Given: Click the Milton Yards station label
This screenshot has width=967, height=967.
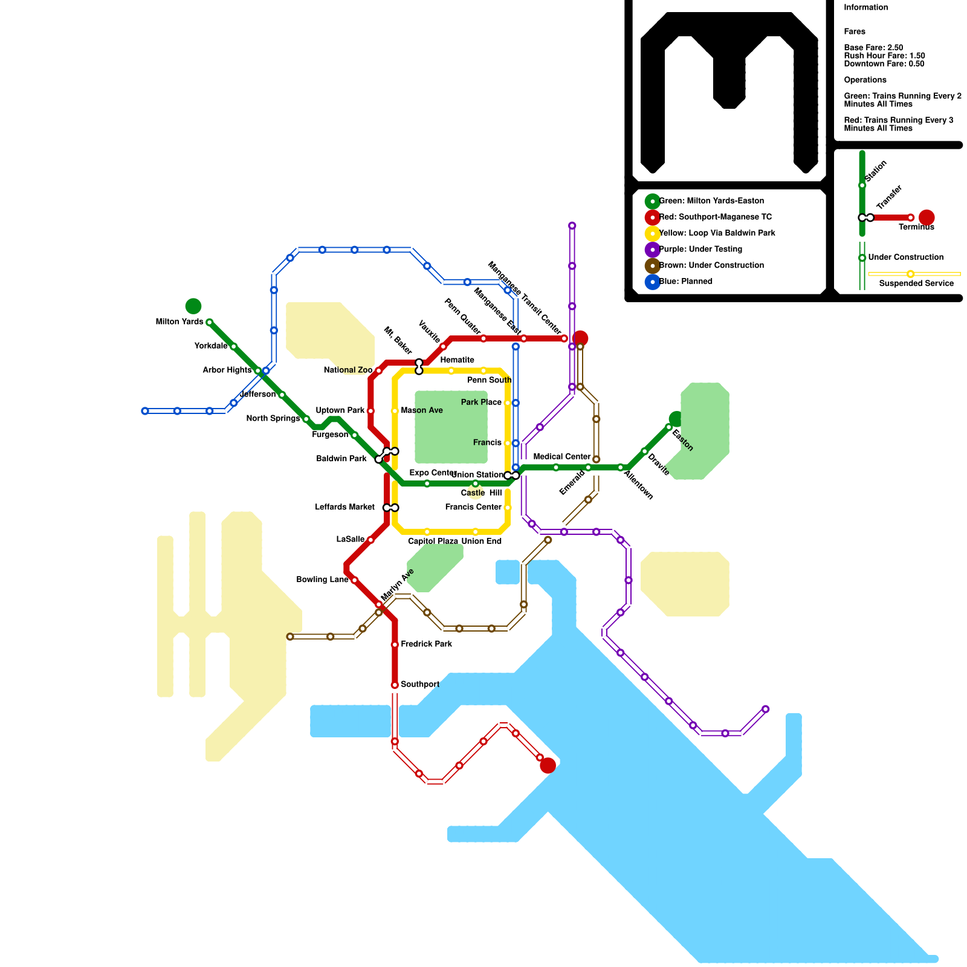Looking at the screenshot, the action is click(x=179, y=322).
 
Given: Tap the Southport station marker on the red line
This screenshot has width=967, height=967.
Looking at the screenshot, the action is click(x=395, y=685).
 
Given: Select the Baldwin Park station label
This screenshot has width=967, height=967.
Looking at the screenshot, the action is click(x=341, y=459).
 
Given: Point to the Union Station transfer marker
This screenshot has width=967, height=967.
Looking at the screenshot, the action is click(x=511, y=476).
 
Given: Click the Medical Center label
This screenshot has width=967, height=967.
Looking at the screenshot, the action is click(x=561, y=457).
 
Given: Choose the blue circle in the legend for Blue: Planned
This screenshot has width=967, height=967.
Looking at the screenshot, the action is click(x=652, y=282).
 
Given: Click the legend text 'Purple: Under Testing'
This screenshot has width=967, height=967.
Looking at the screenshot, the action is click(x=700, y=250).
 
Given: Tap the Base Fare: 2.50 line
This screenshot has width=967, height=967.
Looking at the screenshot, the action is click(x=873, y=48).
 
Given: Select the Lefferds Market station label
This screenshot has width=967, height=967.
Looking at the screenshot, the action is click(x=344, y=508).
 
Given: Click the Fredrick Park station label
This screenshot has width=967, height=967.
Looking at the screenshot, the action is click(x=426, y=644).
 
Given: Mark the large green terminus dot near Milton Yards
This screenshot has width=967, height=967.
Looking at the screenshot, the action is click(x=193, y=306).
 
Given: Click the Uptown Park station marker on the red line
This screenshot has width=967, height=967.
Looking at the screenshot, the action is click(x=370, y=411).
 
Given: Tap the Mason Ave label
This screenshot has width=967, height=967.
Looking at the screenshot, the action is click(x=422, y=411).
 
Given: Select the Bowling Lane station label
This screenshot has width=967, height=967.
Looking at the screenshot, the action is click(x=322, y=580).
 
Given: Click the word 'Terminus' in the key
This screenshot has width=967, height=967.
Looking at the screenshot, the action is click(x=916, y=227).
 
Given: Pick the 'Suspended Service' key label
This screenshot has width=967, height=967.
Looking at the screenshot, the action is click(x=916, y=283).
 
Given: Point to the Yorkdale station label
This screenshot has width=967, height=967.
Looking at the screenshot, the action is click(x=211, y=346).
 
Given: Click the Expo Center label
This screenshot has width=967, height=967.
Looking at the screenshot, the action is click(x=432, y=473).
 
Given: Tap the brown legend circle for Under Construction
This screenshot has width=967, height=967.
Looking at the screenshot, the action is click(x=652, y=266).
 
